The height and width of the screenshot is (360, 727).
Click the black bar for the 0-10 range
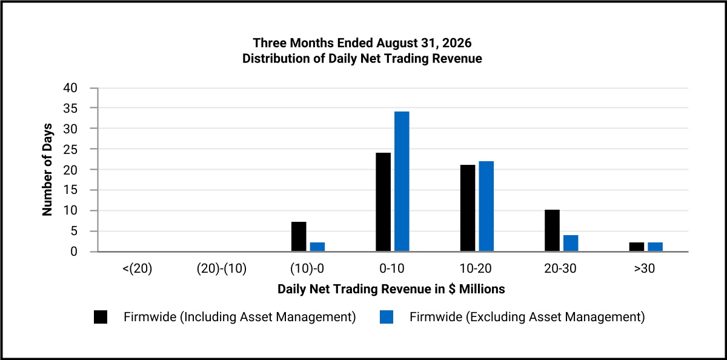point(383,202)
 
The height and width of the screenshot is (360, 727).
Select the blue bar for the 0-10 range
point(402,181)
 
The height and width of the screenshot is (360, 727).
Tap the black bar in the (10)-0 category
point(299,236)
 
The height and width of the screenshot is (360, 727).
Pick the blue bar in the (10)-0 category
point(317,247)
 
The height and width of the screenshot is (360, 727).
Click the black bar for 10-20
point(468,208)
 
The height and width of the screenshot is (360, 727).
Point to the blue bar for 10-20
point(486,206)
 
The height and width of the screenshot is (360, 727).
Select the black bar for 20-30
point(552,230)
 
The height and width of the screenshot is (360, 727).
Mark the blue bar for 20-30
point(571,243)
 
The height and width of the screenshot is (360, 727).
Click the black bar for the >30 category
point(637,247)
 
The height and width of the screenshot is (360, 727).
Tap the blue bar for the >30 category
point(656,247)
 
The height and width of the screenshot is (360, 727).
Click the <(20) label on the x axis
point(138,268)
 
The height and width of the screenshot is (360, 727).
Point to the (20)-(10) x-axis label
point(222,268)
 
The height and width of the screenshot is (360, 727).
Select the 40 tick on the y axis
point(70,88)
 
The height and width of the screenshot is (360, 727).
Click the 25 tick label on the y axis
point(70,149)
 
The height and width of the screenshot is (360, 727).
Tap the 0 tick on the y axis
point(74,252)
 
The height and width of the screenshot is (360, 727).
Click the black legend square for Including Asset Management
point(101,317)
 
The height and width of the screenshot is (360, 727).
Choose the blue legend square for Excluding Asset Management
point(387,317)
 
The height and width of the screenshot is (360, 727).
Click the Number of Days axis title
point(47,170)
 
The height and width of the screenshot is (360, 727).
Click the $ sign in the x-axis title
point(452,289)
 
